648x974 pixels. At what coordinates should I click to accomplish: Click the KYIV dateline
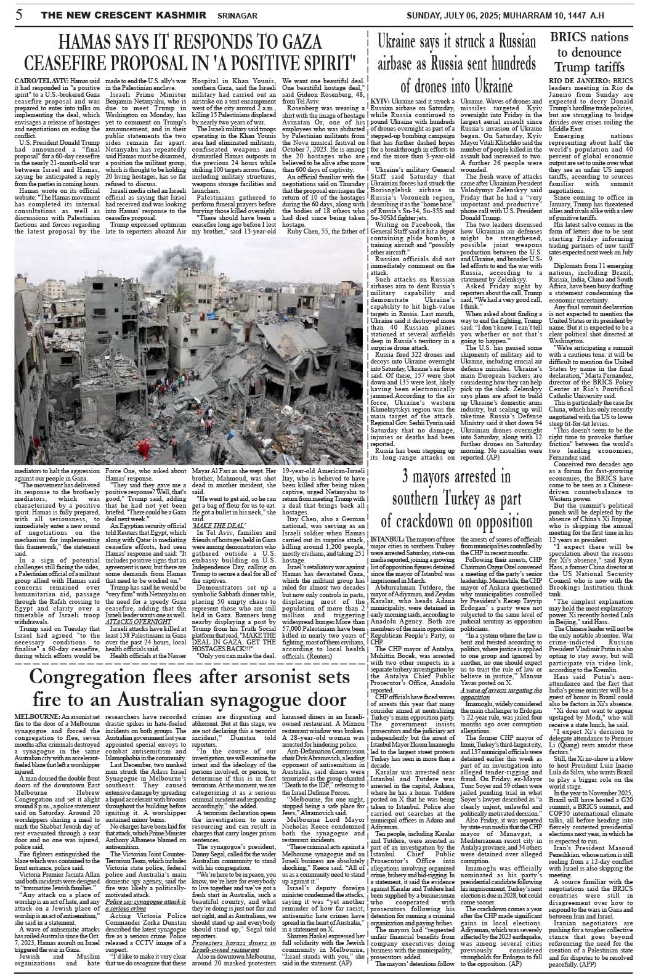(381, 100)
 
